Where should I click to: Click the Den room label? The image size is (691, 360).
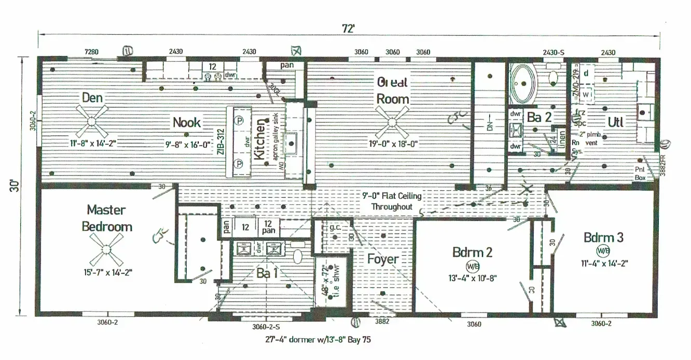tap(92, 98)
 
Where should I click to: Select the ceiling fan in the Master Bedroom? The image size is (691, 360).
tap(106, 249)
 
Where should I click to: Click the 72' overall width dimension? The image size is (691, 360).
tap(349, 29)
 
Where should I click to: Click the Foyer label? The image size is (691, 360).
tap(383, 259)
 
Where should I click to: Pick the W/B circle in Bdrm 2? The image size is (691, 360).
tap(473, 267)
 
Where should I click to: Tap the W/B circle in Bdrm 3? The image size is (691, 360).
tap(603, 251)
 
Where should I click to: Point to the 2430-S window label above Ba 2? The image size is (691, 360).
tap(554, 52)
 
